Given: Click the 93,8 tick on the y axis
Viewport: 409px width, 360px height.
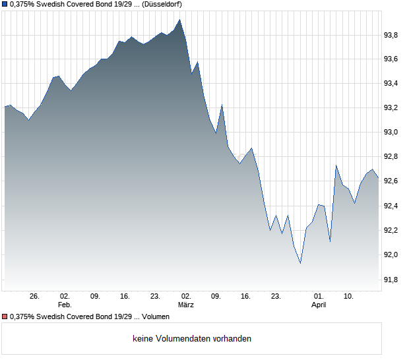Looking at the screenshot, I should (392, 35).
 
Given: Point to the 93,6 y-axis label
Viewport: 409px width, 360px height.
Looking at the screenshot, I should (392, 59).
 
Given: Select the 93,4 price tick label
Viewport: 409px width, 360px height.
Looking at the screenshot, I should (392, 84).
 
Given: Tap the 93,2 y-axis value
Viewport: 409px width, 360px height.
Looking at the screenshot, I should (392, 108).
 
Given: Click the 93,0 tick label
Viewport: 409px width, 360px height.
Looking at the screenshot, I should (392, 133).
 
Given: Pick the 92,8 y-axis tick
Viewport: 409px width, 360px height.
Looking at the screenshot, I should (392, 157).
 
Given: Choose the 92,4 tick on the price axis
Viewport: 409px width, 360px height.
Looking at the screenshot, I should (392, 206).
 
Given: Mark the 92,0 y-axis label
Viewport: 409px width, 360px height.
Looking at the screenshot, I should (392, 255).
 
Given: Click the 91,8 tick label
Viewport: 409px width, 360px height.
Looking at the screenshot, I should (392, 280).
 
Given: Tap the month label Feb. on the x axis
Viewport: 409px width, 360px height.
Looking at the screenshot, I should (65, 305).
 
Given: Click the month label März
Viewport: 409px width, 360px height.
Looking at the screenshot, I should (186, 305).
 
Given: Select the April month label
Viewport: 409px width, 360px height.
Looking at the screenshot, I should (319, 305).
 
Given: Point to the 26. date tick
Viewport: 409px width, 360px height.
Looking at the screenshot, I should (35, 297).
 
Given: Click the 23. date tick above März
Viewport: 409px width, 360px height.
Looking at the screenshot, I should (156, 297).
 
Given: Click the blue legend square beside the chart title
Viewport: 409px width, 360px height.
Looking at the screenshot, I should (5, 5).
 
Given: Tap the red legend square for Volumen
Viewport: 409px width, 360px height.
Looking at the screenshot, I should (5, 317).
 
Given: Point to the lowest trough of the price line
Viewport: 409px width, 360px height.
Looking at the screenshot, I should (300, 263).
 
